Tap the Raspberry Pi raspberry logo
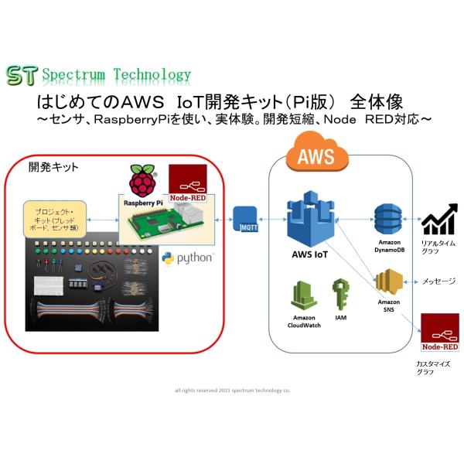[x=140, y=181]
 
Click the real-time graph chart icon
[x=438, y=221]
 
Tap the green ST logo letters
[x=22, y=75]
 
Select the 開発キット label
[x=54, y=167]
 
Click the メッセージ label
[x=438, y=281]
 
